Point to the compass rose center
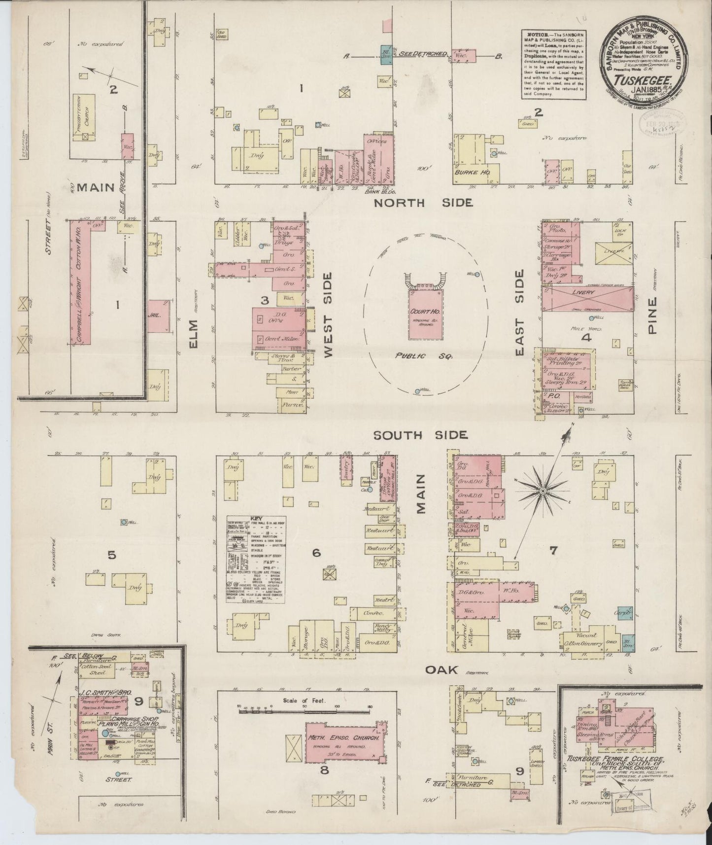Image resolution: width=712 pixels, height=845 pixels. pos(542,491)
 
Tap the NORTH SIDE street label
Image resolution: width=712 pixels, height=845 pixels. pos(423,202)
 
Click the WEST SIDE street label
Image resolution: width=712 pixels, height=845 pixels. pos(328,315)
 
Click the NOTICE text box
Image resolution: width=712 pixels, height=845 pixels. pos(554,64)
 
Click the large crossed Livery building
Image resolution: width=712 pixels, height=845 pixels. pos(586,299)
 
